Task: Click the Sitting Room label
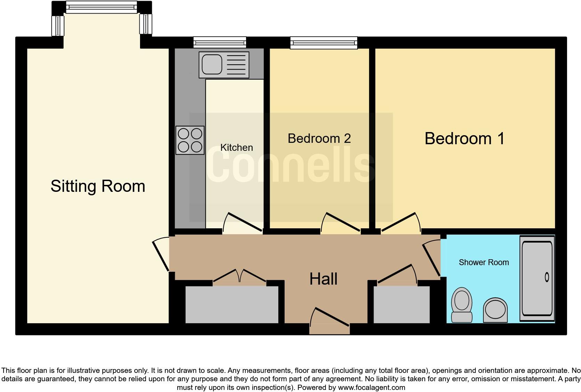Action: [x=98, y=186]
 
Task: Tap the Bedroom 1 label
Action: [x=464, y=138]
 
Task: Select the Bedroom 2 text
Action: [x=319, y=138]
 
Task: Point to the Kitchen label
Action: [x=236, y=147]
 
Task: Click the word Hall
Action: [x=323, y=279]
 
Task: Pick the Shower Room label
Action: [x=484, y=262]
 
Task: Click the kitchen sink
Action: [x=224, y=65]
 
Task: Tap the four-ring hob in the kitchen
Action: [x=190, y=140]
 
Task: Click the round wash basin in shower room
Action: [x=495, y=309]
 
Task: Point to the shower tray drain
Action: [x=547, y=277]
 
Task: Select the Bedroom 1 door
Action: [x=400, y=222]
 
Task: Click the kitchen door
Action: [x=243, y=222]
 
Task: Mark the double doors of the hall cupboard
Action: [x=239, y=276]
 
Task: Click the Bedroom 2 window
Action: [x=324, y=42]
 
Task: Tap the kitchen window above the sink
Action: [x=220, y=42]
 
